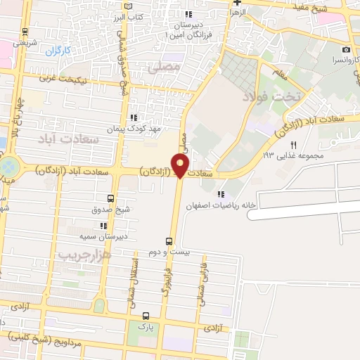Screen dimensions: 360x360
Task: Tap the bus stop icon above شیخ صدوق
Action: [x=110, y=199]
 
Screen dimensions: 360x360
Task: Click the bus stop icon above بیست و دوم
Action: [x=168, y=240]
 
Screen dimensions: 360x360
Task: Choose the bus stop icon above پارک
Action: [x=146, y=316]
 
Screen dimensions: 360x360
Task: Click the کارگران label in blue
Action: [x=59, y=51]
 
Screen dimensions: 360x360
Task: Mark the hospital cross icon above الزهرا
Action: [x=237, y=3]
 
